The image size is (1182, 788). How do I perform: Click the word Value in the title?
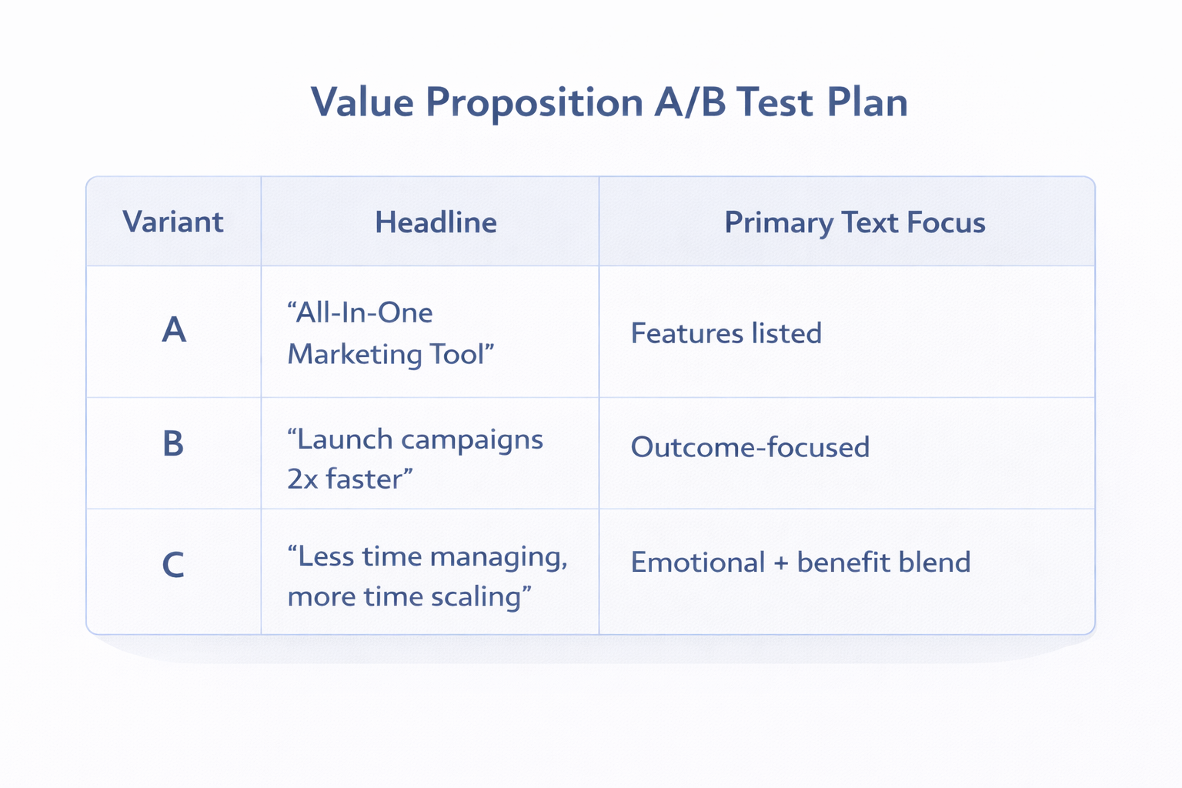click(x=362, y=102)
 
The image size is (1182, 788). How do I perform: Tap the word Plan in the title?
click(x=867, y=102)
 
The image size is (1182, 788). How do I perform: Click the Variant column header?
click(x=173, y=222)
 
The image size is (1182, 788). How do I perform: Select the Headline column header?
click(x=436, y=222)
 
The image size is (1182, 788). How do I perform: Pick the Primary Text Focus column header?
click(x=854, y=222)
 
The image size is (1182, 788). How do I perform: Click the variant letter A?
click(x=174, y=331)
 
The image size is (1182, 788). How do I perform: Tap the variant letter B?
click(x=173, y=445)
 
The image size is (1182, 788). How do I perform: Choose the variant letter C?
click(x=173, y=566)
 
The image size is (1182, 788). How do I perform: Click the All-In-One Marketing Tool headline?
click(x=390, y=333)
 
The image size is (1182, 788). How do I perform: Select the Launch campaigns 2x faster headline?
click(x=415, y=459)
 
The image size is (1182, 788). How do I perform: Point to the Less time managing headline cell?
click(x=427, y=576)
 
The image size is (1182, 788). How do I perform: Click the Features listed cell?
click(x=726, y=333)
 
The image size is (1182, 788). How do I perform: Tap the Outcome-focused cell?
click(x=750, y=447)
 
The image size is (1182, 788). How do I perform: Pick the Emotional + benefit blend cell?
click(x=800, y=563)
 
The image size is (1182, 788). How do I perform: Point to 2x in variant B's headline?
click(x=302, y=479)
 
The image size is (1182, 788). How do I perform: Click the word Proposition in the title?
click(x=534, y=102)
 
